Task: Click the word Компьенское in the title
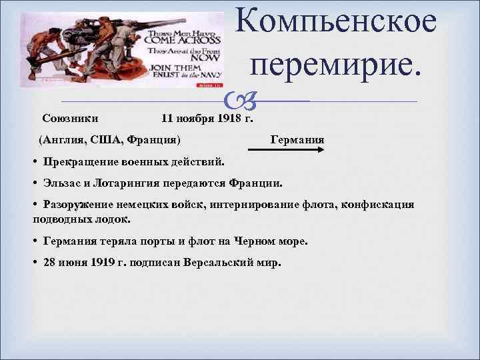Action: [x=337, y=23]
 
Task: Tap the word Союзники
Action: [x=71, y=119]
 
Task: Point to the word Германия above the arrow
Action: [x=297, y=140]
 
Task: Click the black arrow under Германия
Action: [x=291, y=151]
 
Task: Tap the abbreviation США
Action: [x=110, y=140]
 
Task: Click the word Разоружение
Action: [x=82, y=204]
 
